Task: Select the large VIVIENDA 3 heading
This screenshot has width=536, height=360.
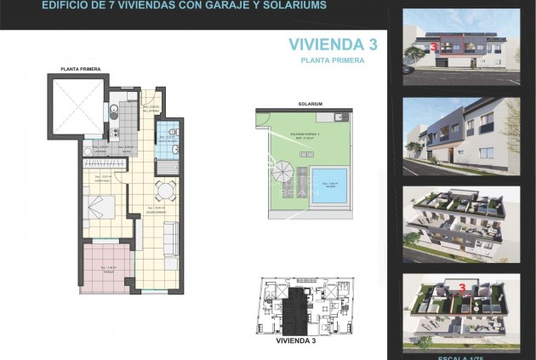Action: click(333, 44)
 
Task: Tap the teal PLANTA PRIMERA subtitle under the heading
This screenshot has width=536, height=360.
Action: click(333, 60)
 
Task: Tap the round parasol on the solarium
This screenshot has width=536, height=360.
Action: click(282, 173)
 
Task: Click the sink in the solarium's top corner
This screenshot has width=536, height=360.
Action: click(338, 117)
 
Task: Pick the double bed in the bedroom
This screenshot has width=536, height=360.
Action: click(104, 207)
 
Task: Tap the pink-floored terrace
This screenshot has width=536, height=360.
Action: click(106, 266)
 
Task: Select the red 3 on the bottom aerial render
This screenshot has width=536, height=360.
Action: click(461, 288)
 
